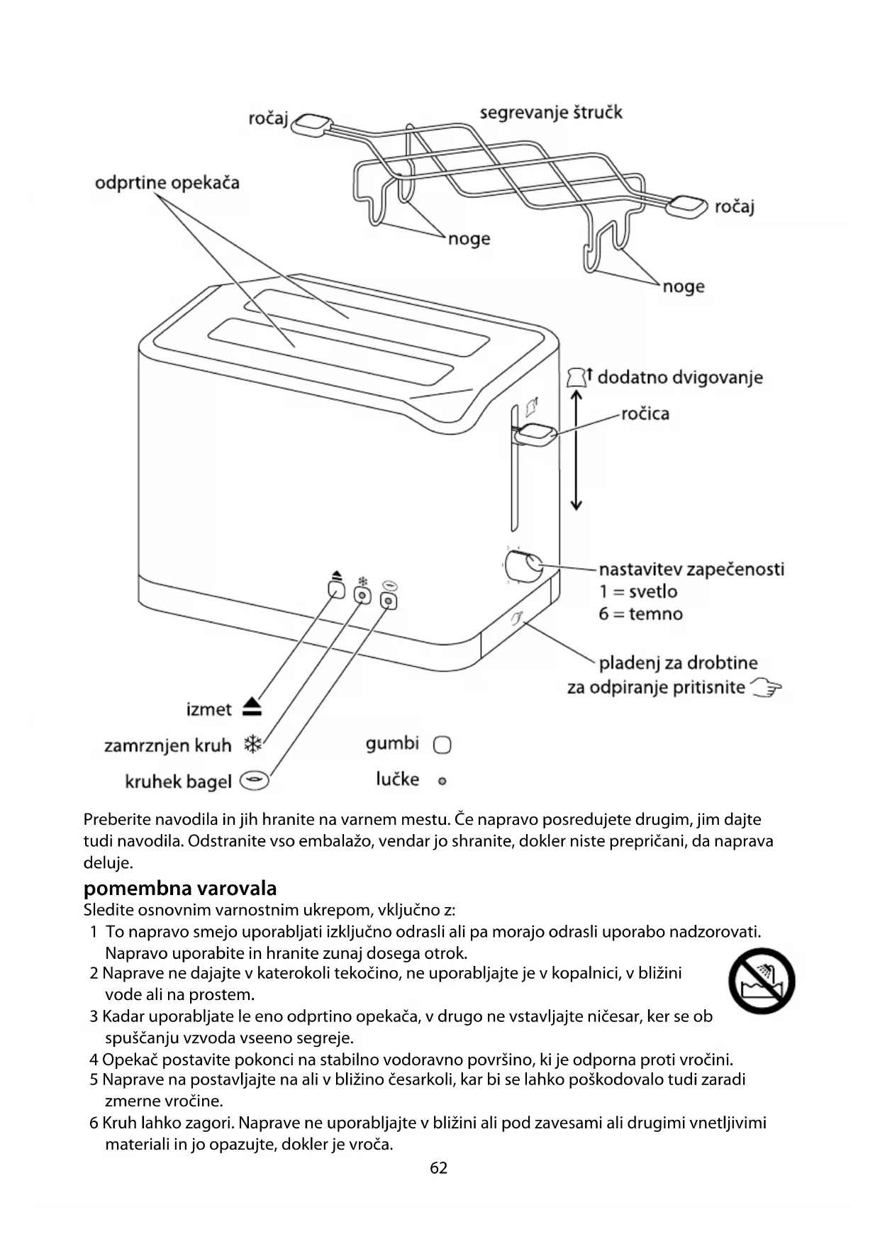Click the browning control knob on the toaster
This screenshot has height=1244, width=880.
coord(523,565)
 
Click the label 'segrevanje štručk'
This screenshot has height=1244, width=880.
coord(551,112)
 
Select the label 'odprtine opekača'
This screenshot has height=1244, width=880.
coord(167,183)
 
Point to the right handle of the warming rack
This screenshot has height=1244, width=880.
coord(687,206)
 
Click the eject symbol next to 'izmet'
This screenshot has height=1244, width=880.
coord(252,707)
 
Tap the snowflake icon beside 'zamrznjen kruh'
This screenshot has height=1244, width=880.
coord(252,744)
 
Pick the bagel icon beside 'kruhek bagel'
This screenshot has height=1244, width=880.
coord(255,781)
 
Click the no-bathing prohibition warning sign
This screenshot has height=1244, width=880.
coord(762,981)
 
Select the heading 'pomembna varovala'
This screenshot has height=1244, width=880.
coord(180,888)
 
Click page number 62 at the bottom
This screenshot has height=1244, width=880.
coord(439,1168)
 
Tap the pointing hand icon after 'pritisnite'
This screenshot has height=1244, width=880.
coord(766,687)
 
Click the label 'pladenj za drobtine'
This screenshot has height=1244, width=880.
coord(678,663)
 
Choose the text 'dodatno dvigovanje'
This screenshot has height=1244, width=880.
coord(679,377)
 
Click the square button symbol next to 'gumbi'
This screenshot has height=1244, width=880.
coord(442,745)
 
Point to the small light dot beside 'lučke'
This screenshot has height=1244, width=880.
coord(442,781)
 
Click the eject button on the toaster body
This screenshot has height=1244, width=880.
coord(336,589)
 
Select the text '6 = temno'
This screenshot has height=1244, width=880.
coord(640,613)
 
